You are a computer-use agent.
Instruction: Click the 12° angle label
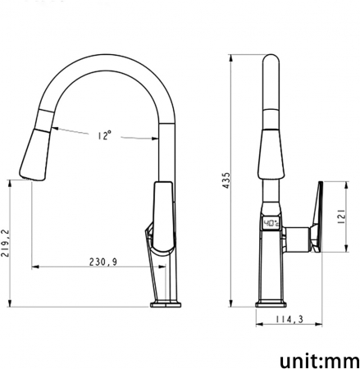click(103, 136)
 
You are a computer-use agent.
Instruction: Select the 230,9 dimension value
click(103, 262)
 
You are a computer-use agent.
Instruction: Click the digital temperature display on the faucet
click(271, 224)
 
